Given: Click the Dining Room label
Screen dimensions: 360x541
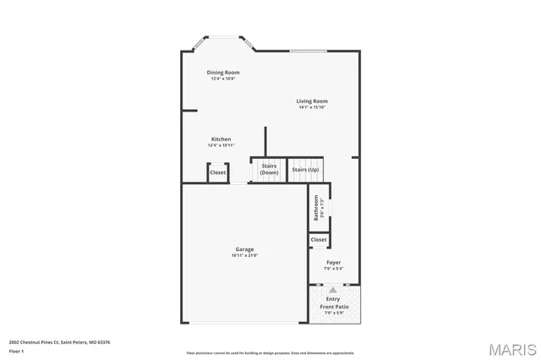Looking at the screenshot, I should pos(224,73).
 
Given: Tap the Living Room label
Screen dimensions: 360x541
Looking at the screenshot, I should pos(312,101).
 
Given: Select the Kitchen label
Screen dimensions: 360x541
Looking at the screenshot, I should pos(221,139).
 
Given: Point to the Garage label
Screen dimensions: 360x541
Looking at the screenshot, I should pos(244,249).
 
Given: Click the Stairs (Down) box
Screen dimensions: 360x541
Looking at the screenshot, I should pos(269,169).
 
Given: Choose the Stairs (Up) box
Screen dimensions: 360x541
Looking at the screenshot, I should pos(305,170).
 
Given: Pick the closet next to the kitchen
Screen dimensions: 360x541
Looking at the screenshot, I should pos(218,172).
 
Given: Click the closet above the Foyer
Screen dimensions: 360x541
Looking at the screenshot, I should pos(319,240).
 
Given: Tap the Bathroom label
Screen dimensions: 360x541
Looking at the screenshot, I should pos(317,208).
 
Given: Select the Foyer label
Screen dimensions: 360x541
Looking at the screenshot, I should pos(334,263).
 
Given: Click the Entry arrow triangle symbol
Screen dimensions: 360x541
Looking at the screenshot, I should pos(333,289).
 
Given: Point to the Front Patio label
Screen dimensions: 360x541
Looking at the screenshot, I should pos(333,306).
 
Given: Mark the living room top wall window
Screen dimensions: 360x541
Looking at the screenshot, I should pos(310,52).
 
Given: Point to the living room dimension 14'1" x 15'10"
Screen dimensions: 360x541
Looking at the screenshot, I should pos(312,107).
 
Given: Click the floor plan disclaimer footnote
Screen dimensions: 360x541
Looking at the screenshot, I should pos(270,352).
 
